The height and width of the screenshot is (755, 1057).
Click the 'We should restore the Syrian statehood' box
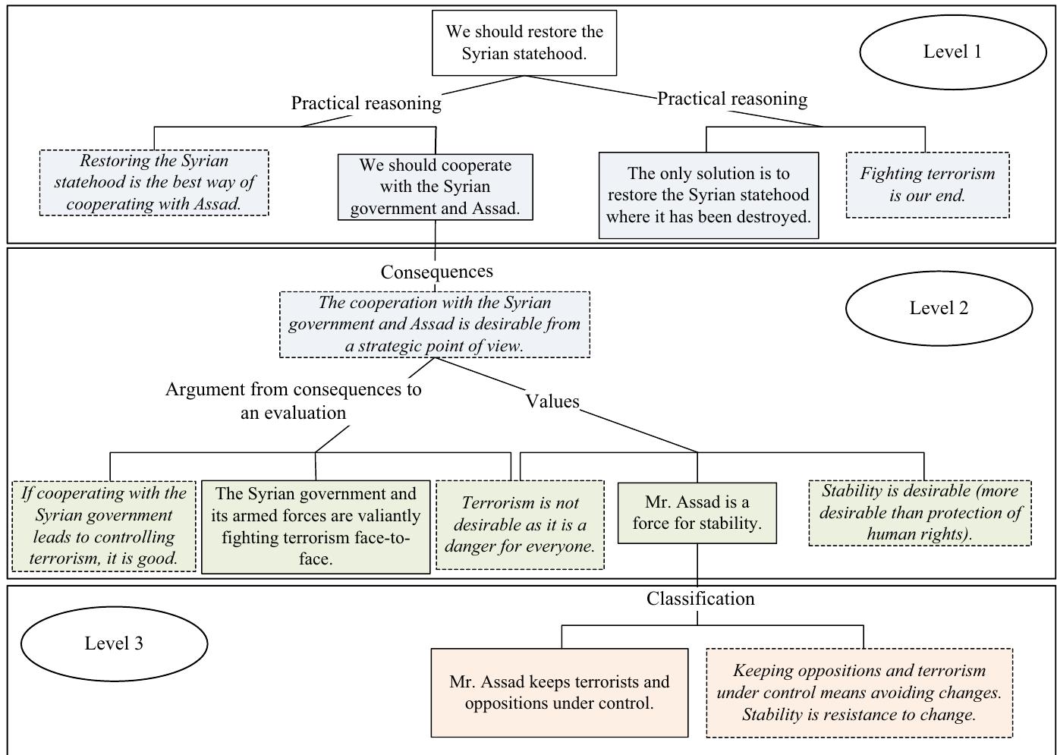524,42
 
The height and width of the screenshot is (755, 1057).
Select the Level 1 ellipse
952,52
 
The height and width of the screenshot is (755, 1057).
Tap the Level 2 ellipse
939,308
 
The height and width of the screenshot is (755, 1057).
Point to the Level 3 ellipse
114,643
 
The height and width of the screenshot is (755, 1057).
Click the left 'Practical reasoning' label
366,103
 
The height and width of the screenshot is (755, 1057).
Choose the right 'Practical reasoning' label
731,99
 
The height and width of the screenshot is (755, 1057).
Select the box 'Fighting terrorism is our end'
927,184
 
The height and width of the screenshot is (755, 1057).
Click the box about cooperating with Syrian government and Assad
435,187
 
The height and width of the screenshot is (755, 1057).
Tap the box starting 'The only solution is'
708,195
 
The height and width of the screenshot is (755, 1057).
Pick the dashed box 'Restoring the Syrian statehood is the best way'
154,182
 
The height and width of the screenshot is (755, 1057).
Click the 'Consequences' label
436,272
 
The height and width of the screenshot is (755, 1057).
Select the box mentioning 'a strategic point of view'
434,324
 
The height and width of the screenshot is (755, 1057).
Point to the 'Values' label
552,401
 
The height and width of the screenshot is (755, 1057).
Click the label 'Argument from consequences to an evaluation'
293,401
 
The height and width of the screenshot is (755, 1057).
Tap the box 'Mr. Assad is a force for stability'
697,513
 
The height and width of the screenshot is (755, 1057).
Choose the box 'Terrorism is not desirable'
520,524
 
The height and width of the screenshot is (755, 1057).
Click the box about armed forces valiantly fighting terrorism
315,526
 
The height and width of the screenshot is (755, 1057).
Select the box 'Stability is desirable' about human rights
919,512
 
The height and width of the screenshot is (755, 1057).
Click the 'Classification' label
700,599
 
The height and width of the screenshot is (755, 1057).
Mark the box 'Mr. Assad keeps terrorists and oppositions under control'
559,692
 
